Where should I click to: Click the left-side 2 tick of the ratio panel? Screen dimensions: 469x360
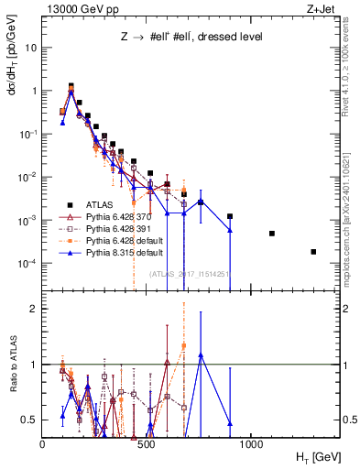click(33, 309)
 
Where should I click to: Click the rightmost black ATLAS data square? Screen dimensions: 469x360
click(313, 252)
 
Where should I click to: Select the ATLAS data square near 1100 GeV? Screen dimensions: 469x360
click(272, 234)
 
